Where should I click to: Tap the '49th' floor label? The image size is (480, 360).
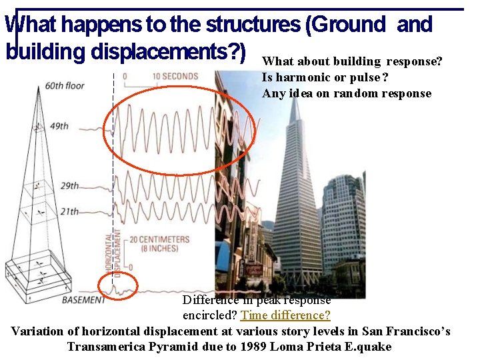(x=59, y=126)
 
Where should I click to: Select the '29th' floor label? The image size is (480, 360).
(x=69, y=186)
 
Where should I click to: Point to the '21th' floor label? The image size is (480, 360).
(x=69, y=212)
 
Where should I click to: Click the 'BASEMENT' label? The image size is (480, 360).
(x=83, y=300)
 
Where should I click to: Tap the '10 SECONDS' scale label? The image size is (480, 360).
(x=175, y=76)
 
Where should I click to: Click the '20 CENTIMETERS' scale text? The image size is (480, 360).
(x=159, y=240)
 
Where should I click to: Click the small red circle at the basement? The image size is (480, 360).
(x=117, y=287)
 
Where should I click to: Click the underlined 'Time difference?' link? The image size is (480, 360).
(x=285, y=315)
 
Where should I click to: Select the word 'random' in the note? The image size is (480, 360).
(x=359, y=93)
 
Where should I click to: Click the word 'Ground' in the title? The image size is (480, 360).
(x=347, y=25)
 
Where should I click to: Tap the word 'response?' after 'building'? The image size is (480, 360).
(x=413, y=62)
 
